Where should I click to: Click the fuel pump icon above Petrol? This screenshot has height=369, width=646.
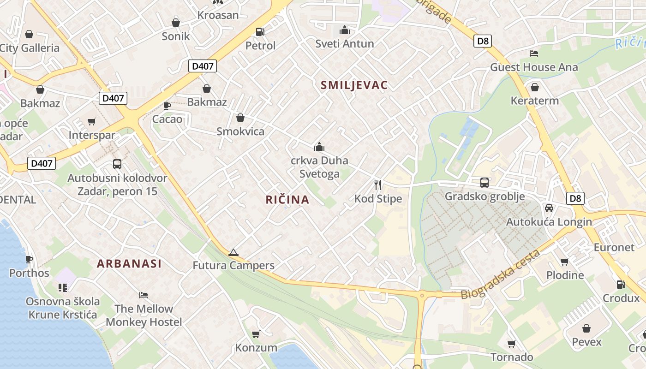260,32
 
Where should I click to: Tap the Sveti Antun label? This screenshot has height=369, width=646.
344,44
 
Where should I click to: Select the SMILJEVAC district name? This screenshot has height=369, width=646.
354,85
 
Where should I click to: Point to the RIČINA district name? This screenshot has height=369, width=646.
287,200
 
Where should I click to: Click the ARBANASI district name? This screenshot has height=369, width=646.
129,264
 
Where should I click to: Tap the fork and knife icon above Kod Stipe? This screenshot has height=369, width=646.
378,185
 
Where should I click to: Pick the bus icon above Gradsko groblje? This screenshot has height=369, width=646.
484,182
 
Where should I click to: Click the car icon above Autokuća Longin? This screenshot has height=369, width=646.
549,208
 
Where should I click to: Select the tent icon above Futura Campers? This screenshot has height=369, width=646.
233,252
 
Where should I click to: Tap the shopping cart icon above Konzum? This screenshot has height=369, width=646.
256,334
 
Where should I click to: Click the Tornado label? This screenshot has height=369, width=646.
512,357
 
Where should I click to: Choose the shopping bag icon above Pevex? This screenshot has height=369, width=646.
586,328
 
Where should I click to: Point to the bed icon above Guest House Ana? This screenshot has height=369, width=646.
534,54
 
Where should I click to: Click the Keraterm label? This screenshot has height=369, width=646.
534,101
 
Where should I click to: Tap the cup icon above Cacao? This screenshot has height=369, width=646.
167,106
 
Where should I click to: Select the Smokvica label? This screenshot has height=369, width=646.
240,132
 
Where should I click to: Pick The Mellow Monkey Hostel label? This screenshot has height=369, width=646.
144,315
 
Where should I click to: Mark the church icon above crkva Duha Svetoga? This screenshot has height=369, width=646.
319,147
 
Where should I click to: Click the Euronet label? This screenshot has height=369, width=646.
614,247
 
